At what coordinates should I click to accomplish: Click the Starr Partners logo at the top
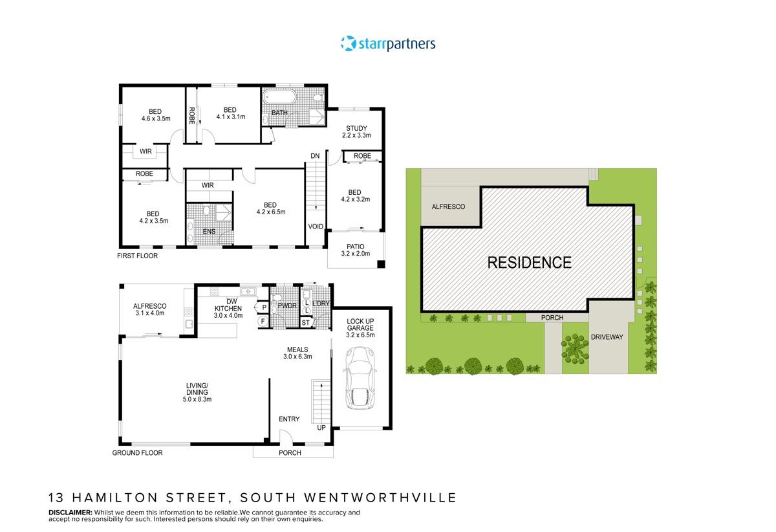coord(388,44)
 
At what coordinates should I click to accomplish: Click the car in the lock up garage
coord(361,379)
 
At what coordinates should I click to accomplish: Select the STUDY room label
coord(356,132)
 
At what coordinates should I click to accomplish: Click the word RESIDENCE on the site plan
coord(529,263)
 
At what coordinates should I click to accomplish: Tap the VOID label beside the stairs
coord(316,227)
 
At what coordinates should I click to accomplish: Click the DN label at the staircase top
coord(315,156)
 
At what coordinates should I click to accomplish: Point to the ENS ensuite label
coord(209,232)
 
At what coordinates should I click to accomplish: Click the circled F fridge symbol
coord(263,320)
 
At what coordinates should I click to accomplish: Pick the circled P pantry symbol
coord(264,307)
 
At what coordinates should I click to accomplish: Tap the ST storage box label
coord(307,322)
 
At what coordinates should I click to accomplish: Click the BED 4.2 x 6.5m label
coord(270,208)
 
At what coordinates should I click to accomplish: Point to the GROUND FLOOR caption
coord(137,453)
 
